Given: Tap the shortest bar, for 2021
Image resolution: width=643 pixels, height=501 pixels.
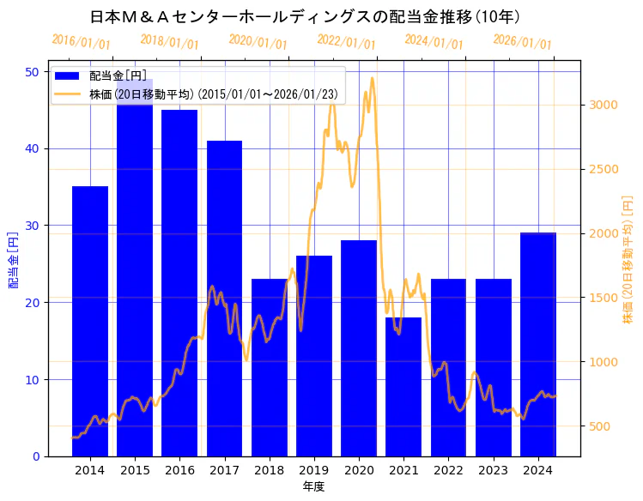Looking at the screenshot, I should point(403,386).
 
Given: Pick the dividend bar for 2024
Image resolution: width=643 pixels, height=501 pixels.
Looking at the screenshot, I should point(537,343).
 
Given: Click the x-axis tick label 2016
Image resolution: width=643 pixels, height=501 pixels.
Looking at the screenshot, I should point(179,470).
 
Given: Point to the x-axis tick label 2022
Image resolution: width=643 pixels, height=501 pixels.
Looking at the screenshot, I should point(448,470).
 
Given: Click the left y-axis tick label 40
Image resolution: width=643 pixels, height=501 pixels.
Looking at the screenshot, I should point(33,148).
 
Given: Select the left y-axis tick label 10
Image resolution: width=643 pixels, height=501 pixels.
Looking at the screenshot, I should point(33,379).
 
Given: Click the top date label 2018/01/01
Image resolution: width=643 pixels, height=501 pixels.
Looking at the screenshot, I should point(169,42).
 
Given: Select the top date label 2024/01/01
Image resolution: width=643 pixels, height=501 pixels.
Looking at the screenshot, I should point(434,42).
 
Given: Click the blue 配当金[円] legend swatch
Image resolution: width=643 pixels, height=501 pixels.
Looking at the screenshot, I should point(70,76).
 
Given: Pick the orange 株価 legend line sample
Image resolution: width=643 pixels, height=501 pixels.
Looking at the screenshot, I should point(70,94).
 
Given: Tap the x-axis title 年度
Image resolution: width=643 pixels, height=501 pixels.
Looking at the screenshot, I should point(313,486).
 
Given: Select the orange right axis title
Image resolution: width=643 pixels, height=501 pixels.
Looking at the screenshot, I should point(628,260).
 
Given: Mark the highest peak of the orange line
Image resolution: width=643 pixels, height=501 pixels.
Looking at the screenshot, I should point(372,78).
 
